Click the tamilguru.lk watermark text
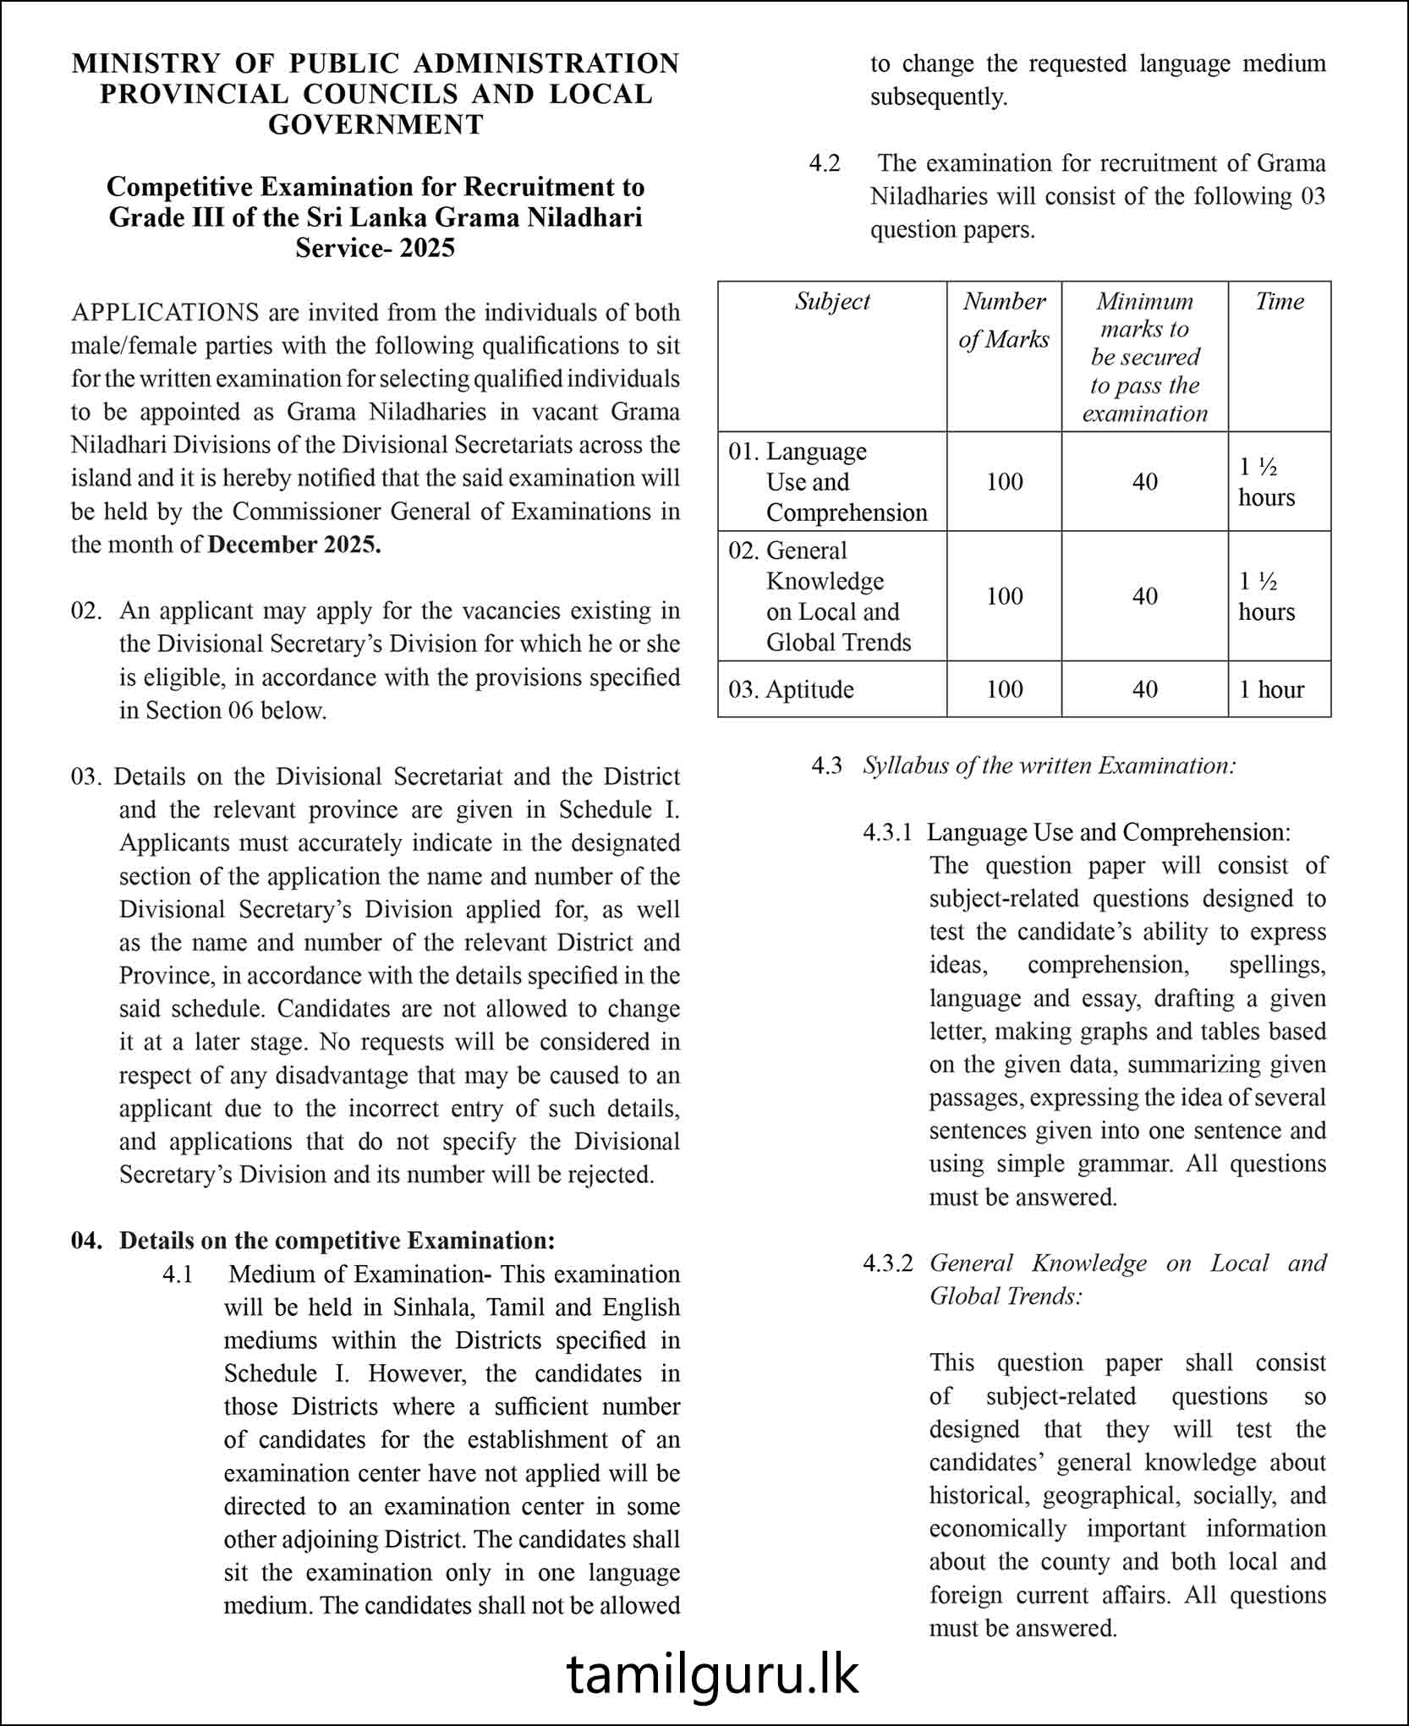point(712,1675)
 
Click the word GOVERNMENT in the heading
point(376,125)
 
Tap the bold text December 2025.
point(294,545)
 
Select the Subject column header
point(832,302)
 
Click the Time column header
point(1279,302)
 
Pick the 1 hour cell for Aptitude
point(1271,689)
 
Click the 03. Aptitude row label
point(791,689)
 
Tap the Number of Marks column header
point(1004,321)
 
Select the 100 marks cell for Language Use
point(1004,482)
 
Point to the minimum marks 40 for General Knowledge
point(1144,596)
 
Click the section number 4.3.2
point(887,1263)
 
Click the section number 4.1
point(178,1274)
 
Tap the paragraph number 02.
point(85,611)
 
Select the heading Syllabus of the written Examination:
point(1049,766)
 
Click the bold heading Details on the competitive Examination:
point(337,1241)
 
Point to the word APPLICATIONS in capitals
point(165,313)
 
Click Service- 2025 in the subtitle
point(375,249)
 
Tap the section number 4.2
point(825,163)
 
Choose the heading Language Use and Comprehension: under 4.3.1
point(1108,832)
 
